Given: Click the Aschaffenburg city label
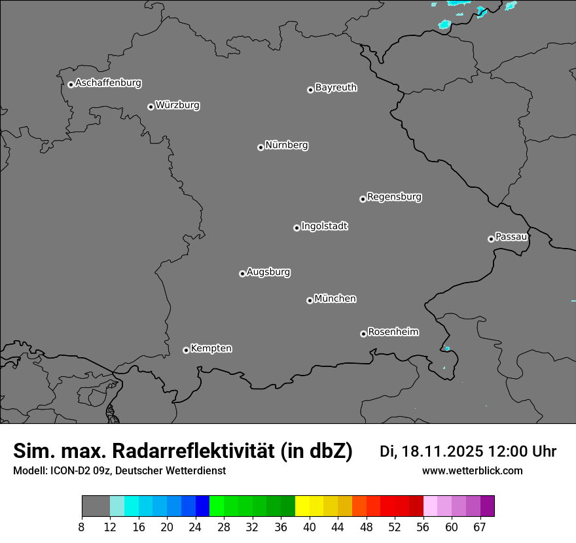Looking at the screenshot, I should (x=108, y=83).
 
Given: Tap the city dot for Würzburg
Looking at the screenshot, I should (x=151, y=107).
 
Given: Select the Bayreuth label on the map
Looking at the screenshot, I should (x=336, y=87).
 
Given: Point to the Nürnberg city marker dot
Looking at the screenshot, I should (x=261, y=147).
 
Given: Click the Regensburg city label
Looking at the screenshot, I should (x=394, y=196).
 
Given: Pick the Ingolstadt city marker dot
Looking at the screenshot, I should (x=297, y=228).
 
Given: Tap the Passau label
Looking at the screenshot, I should (x=511, y=236).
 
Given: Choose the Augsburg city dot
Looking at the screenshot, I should (x=242, y=273).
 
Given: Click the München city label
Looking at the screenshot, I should (x=335, y=298).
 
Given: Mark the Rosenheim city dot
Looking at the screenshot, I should (x=363, y=334).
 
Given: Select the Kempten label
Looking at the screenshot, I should (x=211, y=348).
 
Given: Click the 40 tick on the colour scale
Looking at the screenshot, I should (x=310, y=527).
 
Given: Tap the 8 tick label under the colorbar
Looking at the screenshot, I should (x=82, y=527).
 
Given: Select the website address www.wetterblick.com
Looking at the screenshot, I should (x=472, y=471).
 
